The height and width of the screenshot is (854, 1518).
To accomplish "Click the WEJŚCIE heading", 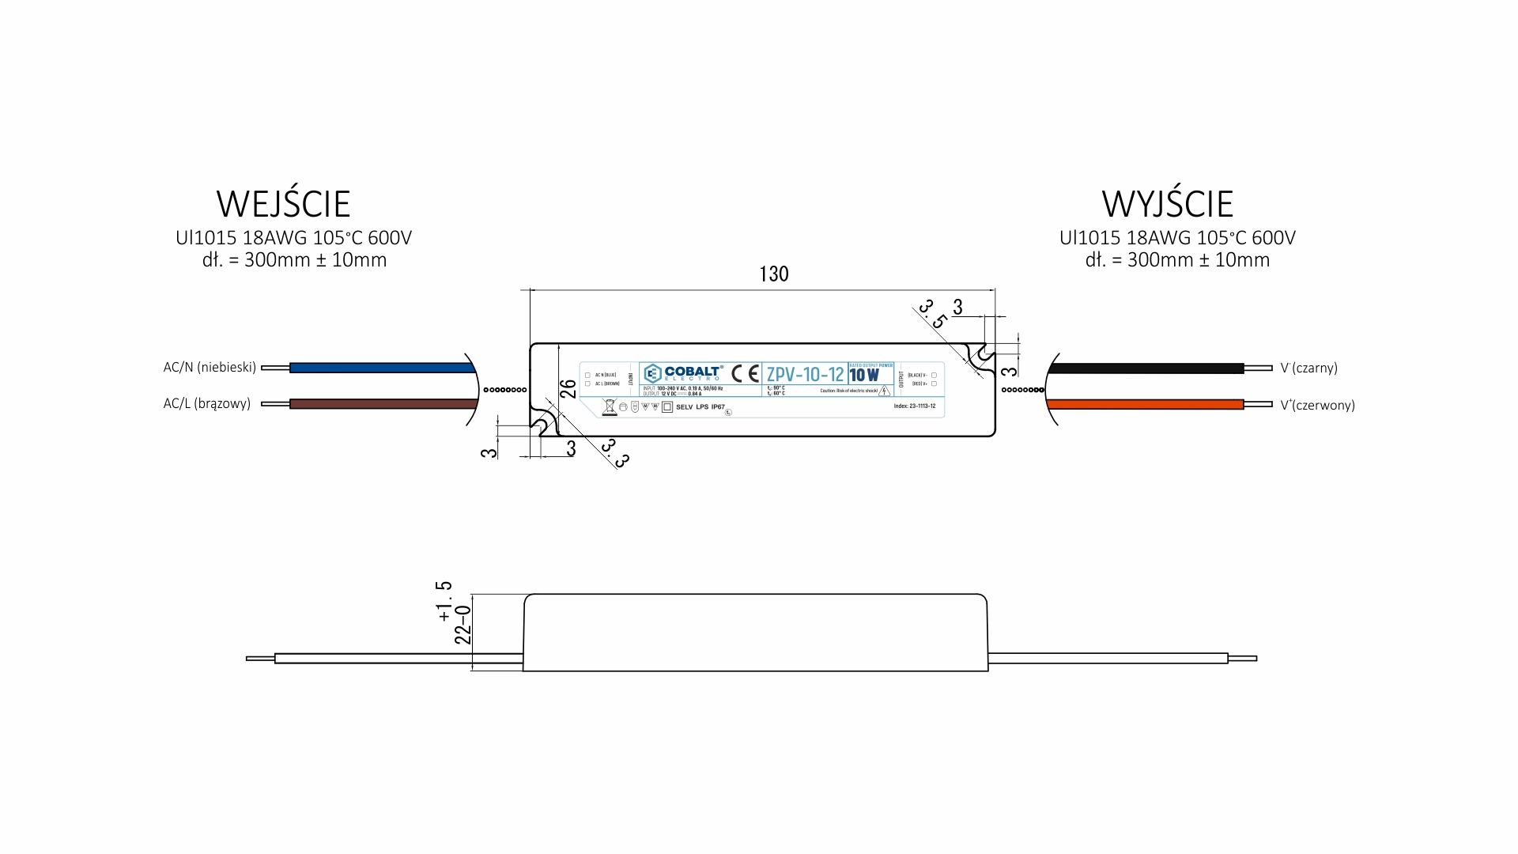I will click(x=283, y=204).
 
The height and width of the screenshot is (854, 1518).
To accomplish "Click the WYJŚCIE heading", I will click(x=1167, y=204).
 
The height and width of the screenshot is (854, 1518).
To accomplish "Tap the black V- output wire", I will click(x=1146, y=368).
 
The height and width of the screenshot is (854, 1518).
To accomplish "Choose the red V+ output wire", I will click(x=1146, y=405).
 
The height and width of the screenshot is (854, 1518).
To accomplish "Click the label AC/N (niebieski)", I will click(x=210, y=368).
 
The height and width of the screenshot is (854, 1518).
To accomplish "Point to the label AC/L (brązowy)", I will click(x=206, y=404).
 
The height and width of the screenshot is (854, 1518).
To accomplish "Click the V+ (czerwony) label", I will click(x=1317, y=406).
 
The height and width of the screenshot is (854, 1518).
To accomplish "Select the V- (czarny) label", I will click(x=1308, y=368).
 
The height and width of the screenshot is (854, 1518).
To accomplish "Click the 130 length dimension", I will click(x=774, y=274).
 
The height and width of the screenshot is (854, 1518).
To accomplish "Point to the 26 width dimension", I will click(x=568, y=389).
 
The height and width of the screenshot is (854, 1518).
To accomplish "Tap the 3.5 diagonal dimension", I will click(x=933, y=314).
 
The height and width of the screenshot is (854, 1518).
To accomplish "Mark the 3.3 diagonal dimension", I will click(x=614, y=453).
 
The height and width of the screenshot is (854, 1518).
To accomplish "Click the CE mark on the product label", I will click(x=745, y=373).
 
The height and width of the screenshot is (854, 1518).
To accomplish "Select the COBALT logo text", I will click(x=693, y=372).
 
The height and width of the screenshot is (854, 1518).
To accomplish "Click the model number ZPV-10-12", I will click(x=805, y=375).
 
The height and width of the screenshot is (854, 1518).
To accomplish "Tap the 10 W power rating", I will click(x=864, y=376).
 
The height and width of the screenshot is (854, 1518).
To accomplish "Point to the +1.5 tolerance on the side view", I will click(x=444, y=601).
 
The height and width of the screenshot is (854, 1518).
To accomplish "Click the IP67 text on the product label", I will click(x=718, y=407).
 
